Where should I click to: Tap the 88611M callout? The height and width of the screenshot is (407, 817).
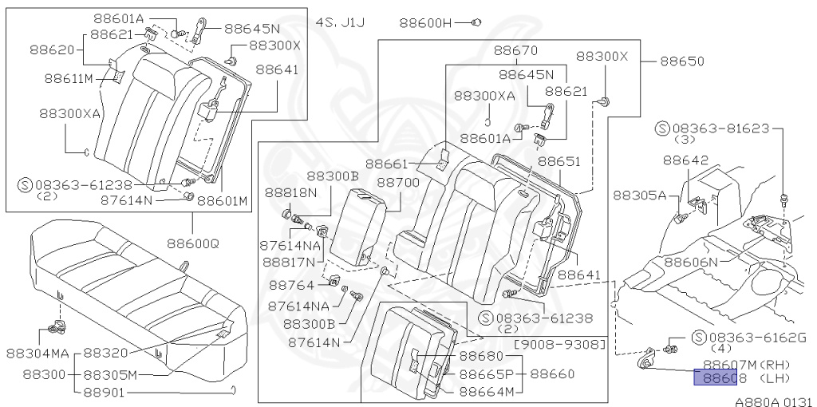(69, 78)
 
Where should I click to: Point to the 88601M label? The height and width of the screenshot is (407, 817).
(223, 201)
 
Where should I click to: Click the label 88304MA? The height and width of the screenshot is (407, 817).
(38, 353)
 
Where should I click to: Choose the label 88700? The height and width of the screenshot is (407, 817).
(398, 183)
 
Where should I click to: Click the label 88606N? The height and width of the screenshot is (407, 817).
(692, 262)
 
